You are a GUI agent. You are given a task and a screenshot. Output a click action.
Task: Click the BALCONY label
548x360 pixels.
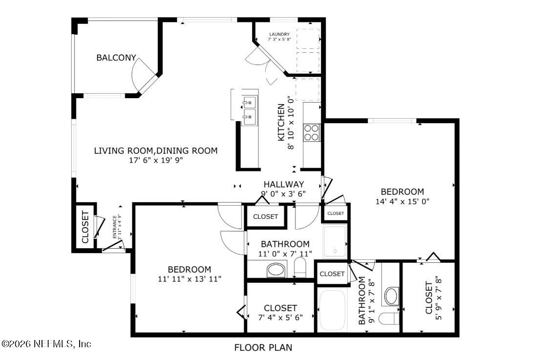(116, 58)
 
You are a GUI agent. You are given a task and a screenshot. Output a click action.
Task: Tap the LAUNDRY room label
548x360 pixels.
(279, 34)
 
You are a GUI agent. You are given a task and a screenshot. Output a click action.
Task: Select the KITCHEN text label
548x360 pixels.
(281, 123)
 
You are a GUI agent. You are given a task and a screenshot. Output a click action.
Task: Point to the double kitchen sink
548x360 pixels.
(250, 109)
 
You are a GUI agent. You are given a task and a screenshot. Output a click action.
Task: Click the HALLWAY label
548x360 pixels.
(284, 184)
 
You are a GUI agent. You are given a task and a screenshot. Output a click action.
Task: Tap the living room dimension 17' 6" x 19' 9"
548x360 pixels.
(155, 160)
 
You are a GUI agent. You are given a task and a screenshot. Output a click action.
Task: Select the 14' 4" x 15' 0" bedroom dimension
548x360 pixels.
(402, 201)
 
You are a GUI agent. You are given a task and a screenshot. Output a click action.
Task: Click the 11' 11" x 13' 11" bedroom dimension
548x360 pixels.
(189, 279)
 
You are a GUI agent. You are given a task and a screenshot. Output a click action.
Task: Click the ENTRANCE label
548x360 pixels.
(115, 226)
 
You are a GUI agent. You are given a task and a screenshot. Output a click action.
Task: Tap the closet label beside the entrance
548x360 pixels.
(85, 227)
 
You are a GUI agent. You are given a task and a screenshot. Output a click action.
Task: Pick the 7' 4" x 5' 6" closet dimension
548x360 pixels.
(280, 317)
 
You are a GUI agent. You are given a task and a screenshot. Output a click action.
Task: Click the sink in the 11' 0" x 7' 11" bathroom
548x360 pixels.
(276, 269)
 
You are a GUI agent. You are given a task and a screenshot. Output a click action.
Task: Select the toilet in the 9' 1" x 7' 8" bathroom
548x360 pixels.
(390, 319)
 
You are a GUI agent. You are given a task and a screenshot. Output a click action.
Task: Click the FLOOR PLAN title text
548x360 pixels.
(263, 348)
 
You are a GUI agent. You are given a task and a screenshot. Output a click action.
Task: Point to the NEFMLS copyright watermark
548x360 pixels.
(46, 344)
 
